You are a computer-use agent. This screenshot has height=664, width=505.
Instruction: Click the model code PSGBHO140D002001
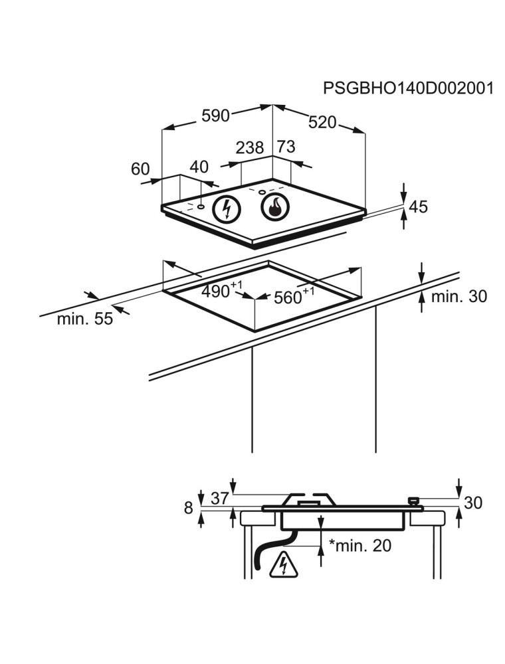(x=408, y=88)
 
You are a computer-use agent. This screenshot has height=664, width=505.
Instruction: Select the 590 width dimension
(x=215, y=116)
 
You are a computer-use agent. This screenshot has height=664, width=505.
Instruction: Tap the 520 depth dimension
(x=322, y=122)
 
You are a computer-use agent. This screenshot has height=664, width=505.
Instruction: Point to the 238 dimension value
(x=250, y=148)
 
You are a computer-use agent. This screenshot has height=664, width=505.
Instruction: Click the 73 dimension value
(x=286, y=147)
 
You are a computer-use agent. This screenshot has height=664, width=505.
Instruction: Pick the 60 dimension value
(x=141, y=169)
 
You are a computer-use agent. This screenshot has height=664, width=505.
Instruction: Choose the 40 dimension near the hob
(x=199, y=167)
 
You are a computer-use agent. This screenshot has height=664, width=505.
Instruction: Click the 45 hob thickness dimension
(x=418, y=207)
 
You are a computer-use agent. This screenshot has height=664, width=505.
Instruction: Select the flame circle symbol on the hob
(x=276, y=207)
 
